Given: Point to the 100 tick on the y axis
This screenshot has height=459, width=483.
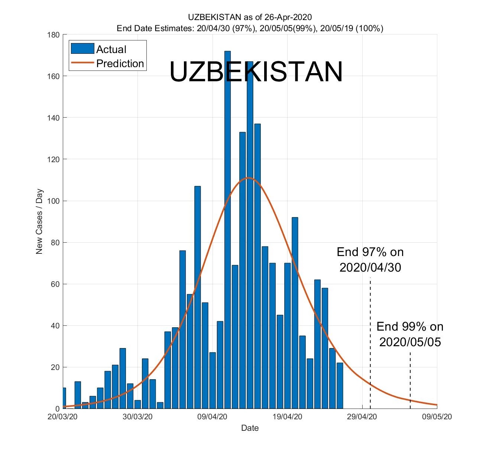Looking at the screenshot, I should click(x=54, y=201).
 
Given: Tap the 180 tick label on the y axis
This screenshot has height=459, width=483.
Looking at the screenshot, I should click(x=54, y=35).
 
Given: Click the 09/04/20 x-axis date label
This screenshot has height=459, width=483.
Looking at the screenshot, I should click(x=213, y=417).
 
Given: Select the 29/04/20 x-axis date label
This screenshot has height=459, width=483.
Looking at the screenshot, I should click(x=362, y=417).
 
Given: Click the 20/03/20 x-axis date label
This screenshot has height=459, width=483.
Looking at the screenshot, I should click(x=62, y=417).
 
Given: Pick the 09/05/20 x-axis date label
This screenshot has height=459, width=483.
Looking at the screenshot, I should click(x=437, y=417).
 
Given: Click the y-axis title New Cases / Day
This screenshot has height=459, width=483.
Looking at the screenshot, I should click(x=39, y=222).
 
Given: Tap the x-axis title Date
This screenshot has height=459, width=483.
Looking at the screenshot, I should click(x=250, y=428).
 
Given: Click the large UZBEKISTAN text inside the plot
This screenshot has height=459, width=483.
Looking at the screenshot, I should click(x=256, y=72).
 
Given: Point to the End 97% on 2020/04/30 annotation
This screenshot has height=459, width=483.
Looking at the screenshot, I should click(x=370, y=259).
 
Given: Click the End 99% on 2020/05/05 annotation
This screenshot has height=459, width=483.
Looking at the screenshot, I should click(x=410, y=334).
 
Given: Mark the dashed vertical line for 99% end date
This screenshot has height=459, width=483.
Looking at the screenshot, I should click(x=410, y=378).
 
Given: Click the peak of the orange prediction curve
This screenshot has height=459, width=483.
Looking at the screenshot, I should click(x=249, y=178).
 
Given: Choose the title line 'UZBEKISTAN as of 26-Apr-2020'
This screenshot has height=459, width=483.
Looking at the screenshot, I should click(x=250, y=17).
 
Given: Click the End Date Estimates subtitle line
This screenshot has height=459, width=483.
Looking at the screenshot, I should click(x=250, y=28).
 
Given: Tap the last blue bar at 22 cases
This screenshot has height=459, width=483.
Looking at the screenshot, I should click(x=340, y=386).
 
